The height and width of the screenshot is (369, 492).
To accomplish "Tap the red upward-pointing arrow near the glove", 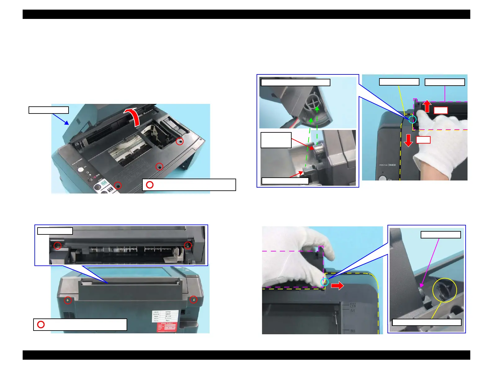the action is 427,106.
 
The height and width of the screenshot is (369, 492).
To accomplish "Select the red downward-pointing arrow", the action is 408,140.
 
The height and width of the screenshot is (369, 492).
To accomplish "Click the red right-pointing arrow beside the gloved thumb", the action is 338,285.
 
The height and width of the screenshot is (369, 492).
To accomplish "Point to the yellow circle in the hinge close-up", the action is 445,290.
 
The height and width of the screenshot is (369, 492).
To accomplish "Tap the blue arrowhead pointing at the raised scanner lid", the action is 66,123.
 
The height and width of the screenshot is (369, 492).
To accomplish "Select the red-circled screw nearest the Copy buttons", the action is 118,185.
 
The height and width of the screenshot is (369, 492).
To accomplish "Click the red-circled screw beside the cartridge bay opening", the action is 180,141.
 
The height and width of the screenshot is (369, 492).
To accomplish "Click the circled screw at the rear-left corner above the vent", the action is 68,300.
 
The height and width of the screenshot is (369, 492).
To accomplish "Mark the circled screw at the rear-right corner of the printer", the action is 194,300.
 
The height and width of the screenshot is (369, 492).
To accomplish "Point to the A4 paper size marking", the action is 352,310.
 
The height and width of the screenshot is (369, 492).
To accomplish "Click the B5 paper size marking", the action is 353,331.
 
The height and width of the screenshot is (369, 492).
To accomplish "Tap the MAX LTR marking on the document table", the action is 353,305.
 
